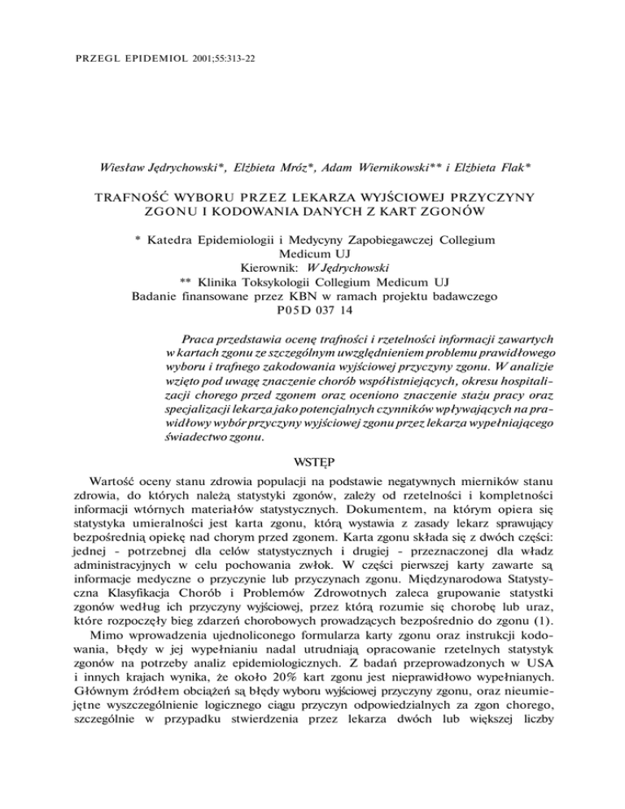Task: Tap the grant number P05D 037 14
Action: (x=312, y=310)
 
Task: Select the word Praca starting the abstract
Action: (x=200, y=337)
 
